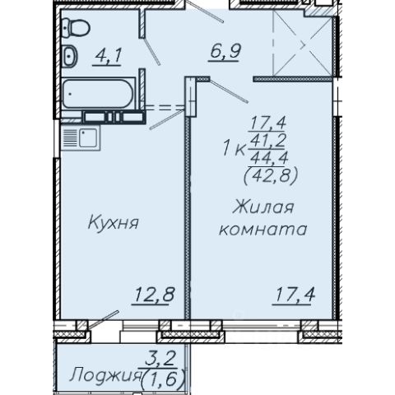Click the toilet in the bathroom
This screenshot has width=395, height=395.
[x=76, y=27]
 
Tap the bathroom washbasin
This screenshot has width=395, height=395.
[x=70, y=56]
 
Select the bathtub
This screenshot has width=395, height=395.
[x=98, y=94]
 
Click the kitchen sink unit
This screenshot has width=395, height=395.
[x=81, y=137]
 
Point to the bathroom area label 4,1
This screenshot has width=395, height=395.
[x=107, y=56]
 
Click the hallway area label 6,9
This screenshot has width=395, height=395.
[x=225, y=52]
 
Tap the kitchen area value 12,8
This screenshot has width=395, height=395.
[x=154, y=295]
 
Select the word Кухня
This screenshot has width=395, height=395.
[x=113, y=222]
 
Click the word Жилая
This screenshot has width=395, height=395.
[x=263, y=207]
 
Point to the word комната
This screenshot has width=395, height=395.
[x=263, y=230]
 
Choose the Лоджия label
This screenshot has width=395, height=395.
[x=105, y=374]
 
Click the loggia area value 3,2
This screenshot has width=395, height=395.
[x=160, y=360]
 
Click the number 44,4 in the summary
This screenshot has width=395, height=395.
[x=269, y=158]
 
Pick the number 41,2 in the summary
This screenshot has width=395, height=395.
[x=267, y=141]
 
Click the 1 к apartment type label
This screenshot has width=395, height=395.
[x=234, y=149]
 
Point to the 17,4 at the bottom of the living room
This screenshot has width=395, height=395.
[x=294, y=295]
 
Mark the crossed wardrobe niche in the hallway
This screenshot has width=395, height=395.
[x=303, y=44]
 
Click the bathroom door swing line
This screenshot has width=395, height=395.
[x=151, y=51]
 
